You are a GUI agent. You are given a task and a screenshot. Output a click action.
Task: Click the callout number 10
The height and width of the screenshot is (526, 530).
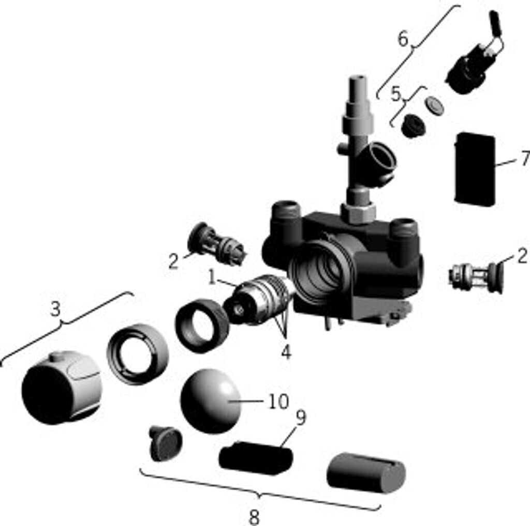coord(278,401)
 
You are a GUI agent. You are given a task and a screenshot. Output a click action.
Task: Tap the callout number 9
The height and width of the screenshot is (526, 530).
coord(301,418)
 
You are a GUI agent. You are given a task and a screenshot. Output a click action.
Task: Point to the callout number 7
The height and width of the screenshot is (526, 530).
coord(525,158)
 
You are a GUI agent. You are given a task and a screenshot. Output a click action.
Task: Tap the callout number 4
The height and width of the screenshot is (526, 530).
coord(286,352)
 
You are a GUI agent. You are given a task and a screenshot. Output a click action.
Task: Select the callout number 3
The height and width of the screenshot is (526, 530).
coord(55,308)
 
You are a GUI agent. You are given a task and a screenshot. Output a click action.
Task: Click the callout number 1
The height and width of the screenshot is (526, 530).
coord(212,277)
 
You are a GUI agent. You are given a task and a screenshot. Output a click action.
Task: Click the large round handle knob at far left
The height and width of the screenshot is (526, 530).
coord(62,388)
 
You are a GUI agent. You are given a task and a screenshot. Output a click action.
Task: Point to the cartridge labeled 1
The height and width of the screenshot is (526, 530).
coord(258,300)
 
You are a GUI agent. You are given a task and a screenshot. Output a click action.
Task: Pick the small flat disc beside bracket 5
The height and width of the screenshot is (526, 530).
coord(435,105)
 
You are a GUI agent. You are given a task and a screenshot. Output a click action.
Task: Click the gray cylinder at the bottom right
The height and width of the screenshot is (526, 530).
coord(366,473)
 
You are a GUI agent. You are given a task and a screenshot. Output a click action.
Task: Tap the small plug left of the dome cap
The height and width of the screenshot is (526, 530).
coord(165,443)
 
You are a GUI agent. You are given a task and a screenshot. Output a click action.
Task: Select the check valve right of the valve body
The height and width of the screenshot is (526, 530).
coord(476,278)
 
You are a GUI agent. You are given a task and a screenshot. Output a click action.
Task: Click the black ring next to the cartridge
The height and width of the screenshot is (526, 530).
coord(202,326)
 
